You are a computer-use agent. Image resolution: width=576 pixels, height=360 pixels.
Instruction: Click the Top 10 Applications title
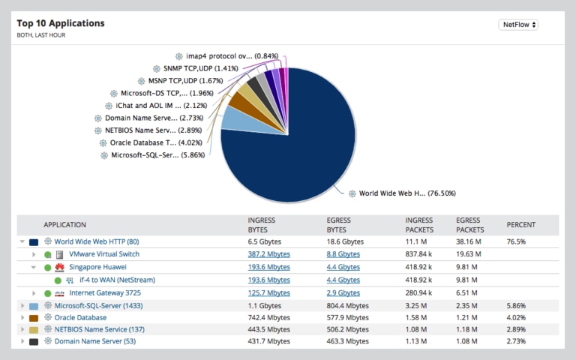point(61,23)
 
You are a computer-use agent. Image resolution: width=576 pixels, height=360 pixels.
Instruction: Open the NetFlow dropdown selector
point(518,25)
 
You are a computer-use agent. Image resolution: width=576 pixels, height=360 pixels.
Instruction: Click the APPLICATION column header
point(64,225)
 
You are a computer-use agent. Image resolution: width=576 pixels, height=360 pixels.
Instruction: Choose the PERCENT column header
point(521,225)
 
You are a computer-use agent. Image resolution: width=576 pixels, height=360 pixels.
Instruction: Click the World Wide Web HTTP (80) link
point(97,241)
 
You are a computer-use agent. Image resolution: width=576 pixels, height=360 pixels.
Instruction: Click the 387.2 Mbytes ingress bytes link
point(268,254)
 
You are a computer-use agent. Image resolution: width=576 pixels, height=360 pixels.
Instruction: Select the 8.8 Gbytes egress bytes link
point(343,254)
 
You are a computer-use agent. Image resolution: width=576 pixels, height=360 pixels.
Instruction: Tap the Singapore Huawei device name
point(97,267)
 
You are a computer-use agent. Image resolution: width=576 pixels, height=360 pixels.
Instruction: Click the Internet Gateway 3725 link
point(106,292)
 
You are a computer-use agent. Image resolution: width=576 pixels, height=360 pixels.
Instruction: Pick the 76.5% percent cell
point(516,241)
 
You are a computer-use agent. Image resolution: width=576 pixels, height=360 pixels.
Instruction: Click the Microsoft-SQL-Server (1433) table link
point(98,305)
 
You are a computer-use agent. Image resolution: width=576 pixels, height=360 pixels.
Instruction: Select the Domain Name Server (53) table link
point(94,341)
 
